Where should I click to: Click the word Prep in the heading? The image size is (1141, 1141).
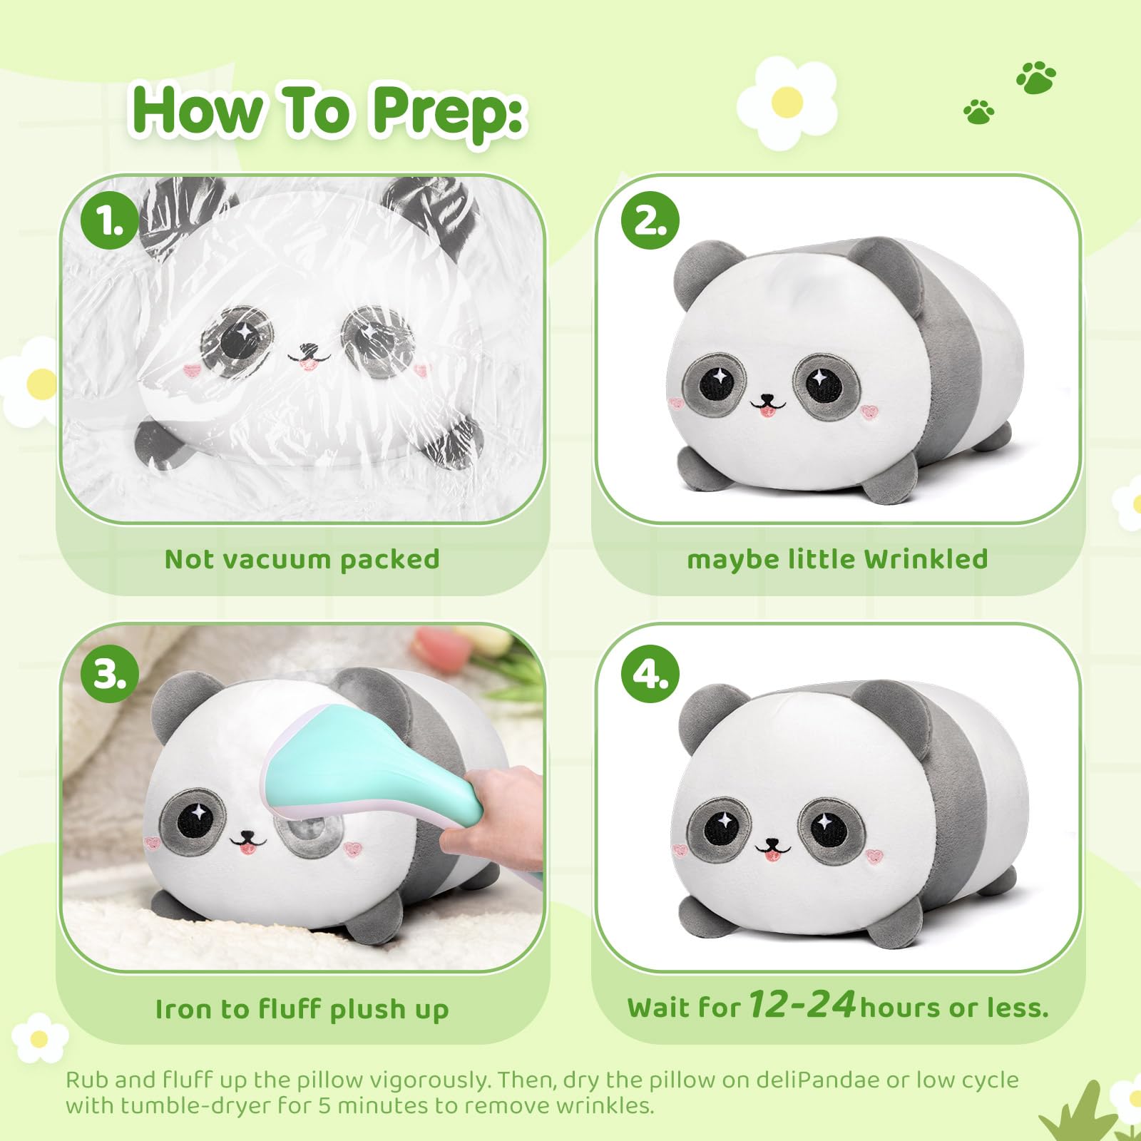point(449,111)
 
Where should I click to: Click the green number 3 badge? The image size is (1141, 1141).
point(109,673)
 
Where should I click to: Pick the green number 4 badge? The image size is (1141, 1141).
point(650,673)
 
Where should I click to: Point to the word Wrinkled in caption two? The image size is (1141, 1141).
point(926,559)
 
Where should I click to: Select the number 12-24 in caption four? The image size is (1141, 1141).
point(802,1004)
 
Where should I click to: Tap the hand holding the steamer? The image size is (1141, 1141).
point(499,806)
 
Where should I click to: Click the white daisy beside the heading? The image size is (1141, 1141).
point(787,103)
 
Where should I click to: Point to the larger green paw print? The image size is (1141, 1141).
point(1036,77)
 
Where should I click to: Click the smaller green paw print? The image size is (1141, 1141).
point(978,111)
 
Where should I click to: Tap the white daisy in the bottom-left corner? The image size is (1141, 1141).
point(40,1038)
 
